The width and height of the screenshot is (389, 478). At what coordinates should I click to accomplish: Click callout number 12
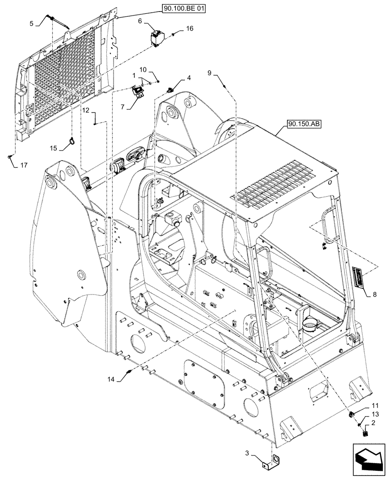[85, 110]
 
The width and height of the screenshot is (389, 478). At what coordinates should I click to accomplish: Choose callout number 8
[374, 295]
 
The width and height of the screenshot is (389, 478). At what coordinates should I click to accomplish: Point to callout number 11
[374, 405]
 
